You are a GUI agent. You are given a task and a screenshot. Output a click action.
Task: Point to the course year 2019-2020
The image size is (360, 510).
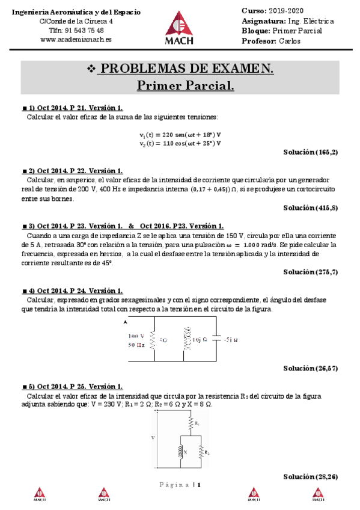pyautogui.click(x=288, y=11)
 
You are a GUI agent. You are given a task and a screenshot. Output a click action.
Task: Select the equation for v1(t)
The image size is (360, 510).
pyautogui.click(x=180, y=135)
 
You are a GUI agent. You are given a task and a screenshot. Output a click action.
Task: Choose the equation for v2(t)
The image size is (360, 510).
pyautogui.click(x=180, y=144)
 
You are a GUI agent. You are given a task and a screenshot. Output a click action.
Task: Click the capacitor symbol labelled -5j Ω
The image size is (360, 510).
pyautogui.click(x=218, y=340)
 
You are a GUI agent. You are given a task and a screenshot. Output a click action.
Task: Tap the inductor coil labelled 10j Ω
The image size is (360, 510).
pyautogui.click(x=186, y=340)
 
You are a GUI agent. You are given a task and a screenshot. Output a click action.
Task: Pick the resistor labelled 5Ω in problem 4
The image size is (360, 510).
pyautogui.click(x=153, y=340)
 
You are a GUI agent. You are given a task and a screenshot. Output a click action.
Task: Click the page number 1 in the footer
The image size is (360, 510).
pyautogui.click(x=198, y=485)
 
